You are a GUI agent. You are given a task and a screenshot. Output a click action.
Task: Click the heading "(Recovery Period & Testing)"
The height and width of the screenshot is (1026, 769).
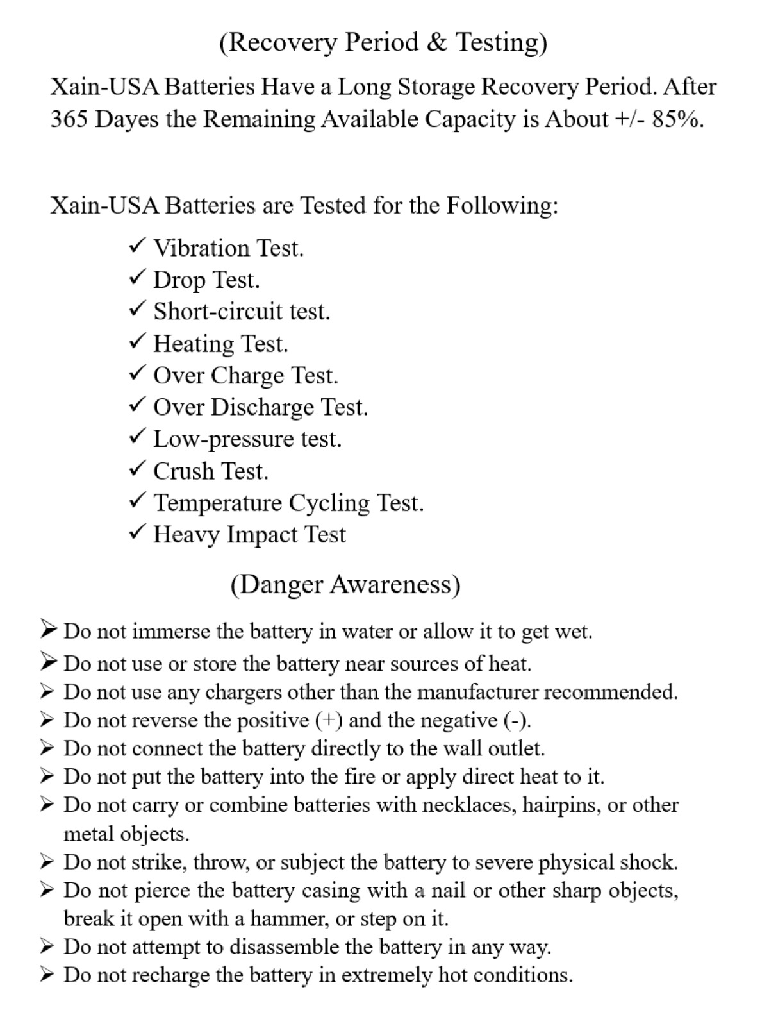[383, 42]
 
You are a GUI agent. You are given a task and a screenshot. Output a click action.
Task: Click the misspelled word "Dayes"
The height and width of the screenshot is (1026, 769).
[124, 120]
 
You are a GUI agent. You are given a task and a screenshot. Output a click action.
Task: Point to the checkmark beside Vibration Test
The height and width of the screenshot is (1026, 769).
[137, 246]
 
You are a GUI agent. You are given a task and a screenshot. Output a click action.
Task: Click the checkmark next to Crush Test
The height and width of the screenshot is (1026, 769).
[137, 469]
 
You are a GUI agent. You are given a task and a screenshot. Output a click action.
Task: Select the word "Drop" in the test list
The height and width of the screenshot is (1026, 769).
[179, 280]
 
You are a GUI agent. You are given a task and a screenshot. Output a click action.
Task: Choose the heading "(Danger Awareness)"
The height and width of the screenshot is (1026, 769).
[345, 584]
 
